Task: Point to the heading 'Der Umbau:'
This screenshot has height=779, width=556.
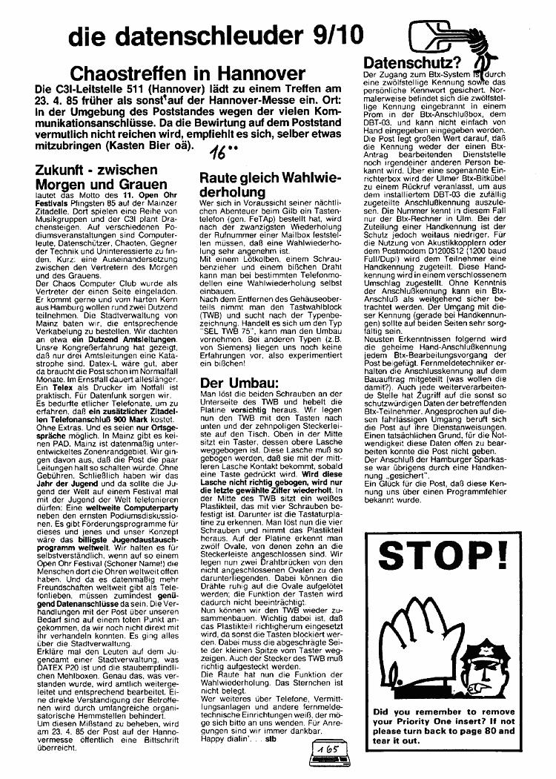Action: (x=236, y=383)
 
